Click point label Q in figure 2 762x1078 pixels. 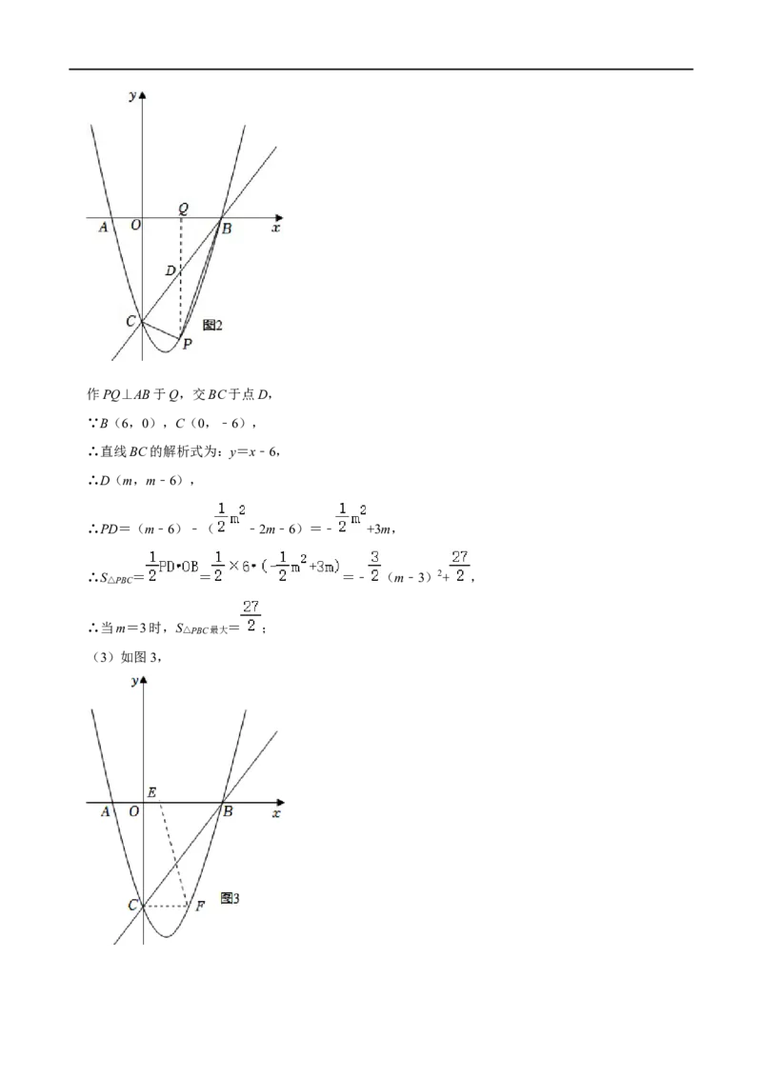[183, 209]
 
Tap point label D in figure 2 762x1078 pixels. [170, 270]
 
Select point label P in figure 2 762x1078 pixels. [187, 344]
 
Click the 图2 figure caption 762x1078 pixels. [212, 325]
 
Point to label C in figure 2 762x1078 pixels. [130, 321]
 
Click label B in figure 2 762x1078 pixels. [227, 229]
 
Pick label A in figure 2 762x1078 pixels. [104, 227]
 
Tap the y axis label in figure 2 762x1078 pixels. [132, 95]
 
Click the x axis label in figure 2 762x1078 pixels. [276, 228]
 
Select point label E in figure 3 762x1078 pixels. [152, 792]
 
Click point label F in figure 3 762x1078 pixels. [200, 906]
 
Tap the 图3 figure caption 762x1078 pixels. [230, 898]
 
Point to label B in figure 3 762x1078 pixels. [228, 811]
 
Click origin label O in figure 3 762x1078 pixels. [134, 811]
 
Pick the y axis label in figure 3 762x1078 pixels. [135, 681]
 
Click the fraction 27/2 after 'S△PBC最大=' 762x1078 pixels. [251, 616]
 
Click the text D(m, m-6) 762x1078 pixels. [144, 481]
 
